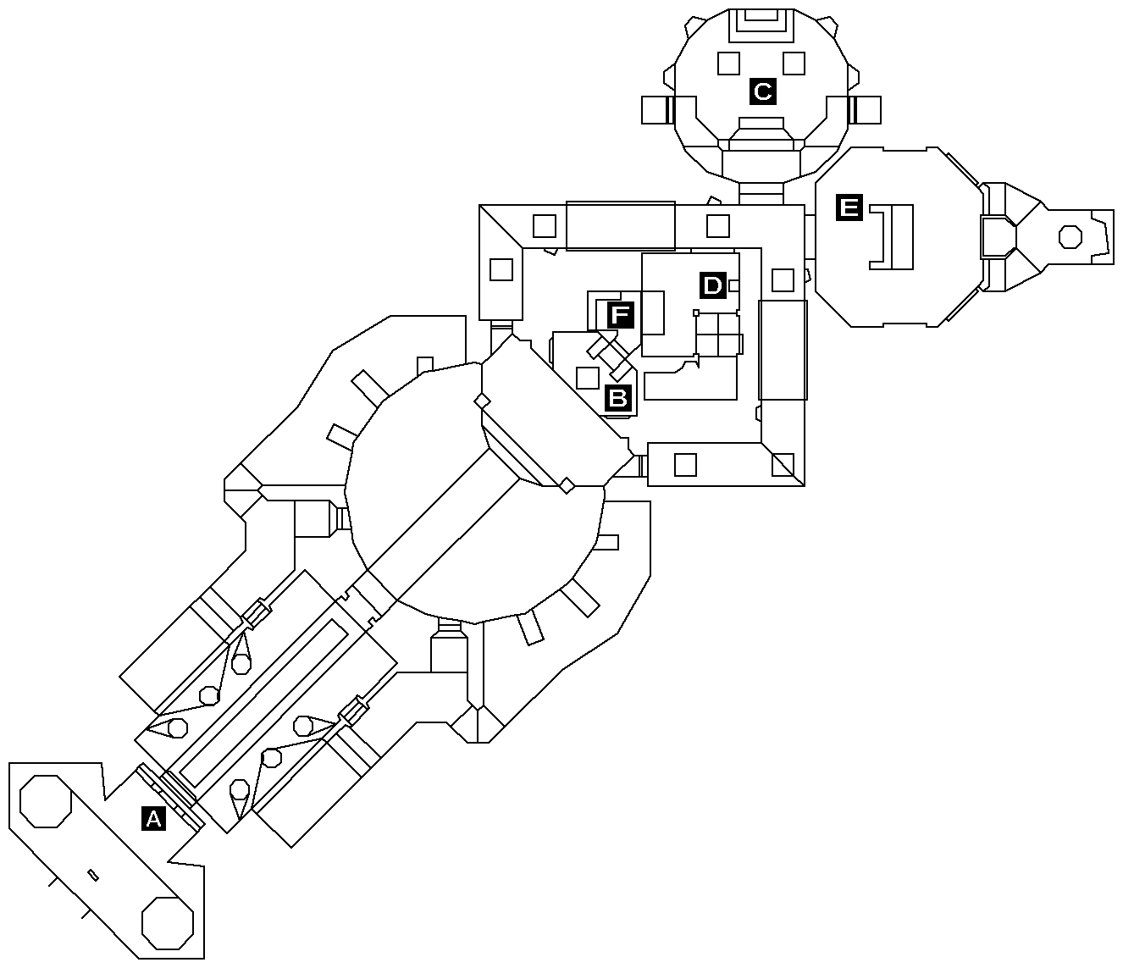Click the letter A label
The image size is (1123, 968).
(153, 818)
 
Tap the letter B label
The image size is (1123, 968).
(617, 398)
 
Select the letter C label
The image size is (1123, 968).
(762, 91)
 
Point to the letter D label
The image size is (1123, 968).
(712, 285)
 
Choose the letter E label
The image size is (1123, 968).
(849, 207)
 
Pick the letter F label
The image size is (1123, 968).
(620, 315)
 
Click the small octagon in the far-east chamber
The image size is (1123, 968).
(1070, 237)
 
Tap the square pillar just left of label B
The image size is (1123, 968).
(587, 378)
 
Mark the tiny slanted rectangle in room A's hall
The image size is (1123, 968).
(93, 875)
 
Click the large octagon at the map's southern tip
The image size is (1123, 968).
(168, 923)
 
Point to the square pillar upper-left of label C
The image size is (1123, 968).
(728, 64)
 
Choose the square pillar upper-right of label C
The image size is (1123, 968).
(794, 64)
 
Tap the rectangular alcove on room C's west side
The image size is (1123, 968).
(658, 110)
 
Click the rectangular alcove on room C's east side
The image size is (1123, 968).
(865, 110)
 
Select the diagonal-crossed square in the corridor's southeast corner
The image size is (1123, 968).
(783, 465)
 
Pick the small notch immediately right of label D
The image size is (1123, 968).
(734, 285)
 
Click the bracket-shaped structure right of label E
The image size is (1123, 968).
(892, 237)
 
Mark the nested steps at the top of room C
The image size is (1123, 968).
(761, 25)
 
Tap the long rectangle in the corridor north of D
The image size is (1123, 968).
(621, 226)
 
